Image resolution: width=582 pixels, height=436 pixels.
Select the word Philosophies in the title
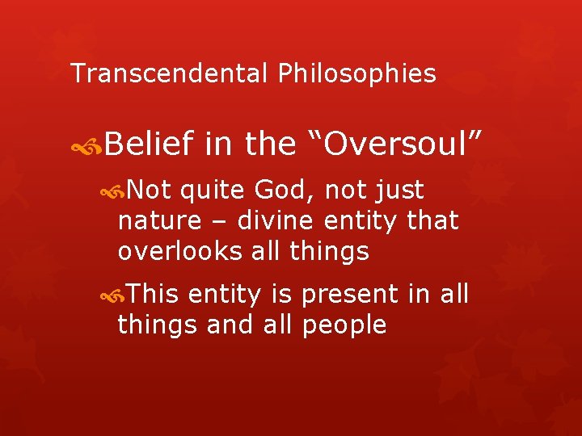tap(356, 74)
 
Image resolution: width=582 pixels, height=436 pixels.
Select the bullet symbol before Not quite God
tap(111, 191)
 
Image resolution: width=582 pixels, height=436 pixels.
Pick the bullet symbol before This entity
tap(111, 296)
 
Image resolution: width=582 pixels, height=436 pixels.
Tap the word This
tap(153, 296)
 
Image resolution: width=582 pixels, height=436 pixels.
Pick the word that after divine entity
tap(433, 220)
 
